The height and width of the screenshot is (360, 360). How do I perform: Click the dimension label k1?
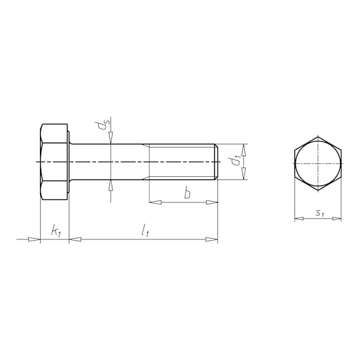(56, 231)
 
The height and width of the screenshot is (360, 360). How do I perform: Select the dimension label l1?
(145, 231)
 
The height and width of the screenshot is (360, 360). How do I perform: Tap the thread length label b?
(187, 192)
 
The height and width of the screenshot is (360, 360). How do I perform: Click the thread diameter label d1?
(236, 160)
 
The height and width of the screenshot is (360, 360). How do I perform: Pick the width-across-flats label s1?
(319, 213)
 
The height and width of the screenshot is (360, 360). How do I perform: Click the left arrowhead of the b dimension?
(155, 202)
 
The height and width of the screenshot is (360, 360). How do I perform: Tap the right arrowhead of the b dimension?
(212, 202)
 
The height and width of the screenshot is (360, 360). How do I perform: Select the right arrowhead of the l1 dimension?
(211, 239)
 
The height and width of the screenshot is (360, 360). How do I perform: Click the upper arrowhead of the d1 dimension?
(244, 150)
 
